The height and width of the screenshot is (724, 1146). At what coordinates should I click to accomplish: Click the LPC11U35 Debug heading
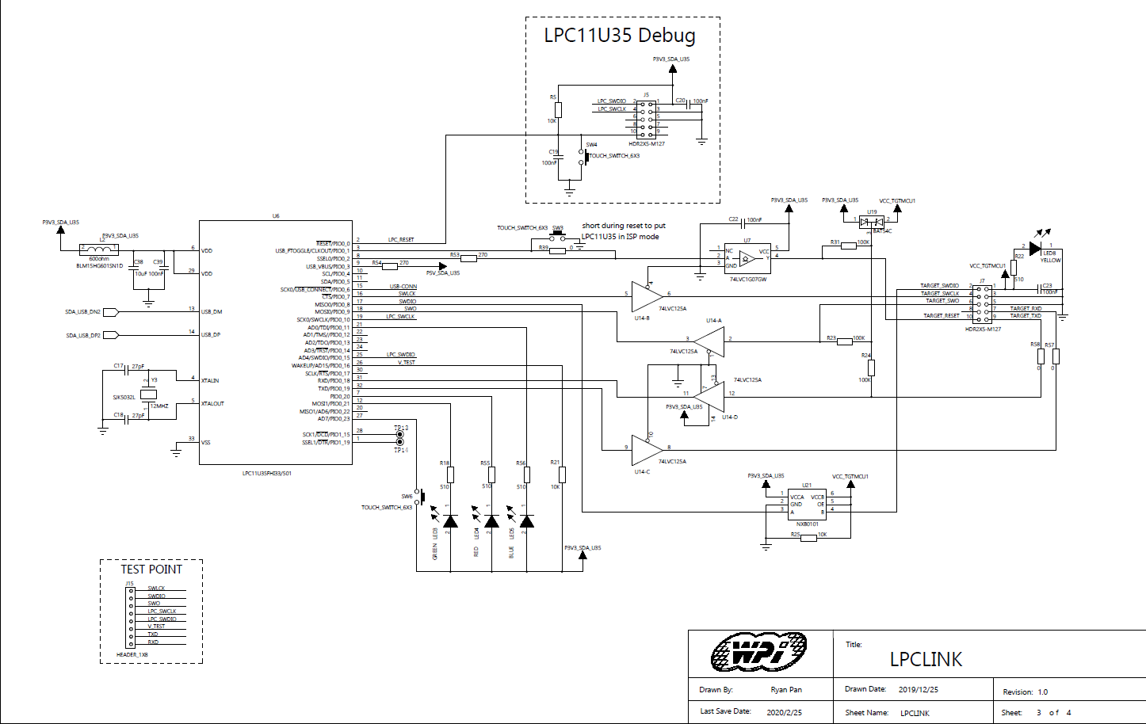[619, 36]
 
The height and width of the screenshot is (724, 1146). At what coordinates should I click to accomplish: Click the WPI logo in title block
[758, 653]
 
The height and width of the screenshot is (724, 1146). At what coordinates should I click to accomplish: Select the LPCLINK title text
[925, 659]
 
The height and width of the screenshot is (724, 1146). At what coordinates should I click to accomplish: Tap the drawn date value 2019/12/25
[918, 689]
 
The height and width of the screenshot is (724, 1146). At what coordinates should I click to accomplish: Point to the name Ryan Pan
[785, 690]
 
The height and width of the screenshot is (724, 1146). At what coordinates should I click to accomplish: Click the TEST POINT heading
[151, 570]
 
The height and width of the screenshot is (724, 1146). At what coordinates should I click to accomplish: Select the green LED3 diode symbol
[450, 520]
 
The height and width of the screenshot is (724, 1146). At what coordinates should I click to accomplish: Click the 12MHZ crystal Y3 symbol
[148, 394]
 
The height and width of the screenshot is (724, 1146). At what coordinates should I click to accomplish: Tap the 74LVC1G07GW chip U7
[747, 258]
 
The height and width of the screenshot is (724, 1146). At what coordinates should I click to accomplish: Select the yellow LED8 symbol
[1034, 249]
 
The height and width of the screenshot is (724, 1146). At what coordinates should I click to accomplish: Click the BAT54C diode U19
[872, 221]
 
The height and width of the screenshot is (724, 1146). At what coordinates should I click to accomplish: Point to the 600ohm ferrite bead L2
[100, 250]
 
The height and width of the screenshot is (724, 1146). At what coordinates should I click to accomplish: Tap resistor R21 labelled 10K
[562, 474]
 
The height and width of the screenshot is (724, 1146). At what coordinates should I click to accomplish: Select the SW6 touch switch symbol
[420, 497]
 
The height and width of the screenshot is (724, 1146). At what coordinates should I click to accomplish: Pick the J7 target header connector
[982, 303]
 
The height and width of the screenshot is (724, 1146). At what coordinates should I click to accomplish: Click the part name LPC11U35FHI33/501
[266, 474]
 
